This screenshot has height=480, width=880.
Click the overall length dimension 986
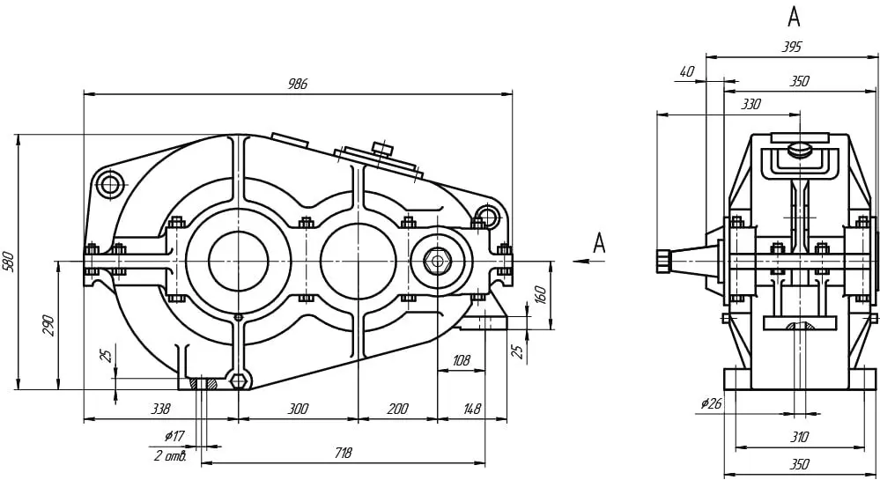point(298,85)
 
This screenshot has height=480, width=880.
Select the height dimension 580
point(9,262)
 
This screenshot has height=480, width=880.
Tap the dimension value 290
point(48,326)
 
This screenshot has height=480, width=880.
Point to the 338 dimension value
point(160,409)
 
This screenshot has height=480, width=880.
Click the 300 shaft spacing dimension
point(298,409)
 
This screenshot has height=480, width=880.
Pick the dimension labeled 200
point(397,409)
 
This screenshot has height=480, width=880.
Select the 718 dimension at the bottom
point(343,453)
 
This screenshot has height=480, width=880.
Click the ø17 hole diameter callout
point(174,436)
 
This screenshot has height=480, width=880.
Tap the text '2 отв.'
point(170,455)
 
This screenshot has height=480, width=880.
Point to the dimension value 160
point(540,295)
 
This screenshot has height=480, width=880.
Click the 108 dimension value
point(461,360)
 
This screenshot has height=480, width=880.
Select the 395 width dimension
point(792,48)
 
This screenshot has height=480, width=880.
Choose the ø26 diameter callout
point(711,403)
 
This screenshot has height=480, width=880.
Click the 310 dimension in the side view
point(799,437)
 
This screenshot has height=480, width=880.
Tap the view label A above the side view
point(794,18)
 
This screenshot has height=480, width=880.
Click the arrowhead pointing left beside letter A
point(581,261)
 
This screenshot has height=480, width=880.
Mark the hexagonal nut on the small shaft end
point(436,261)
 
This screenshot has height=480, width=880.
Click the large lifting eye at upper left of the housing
point(110,184)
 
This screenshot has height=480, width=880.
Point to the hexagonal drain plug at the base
point(239,380)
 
